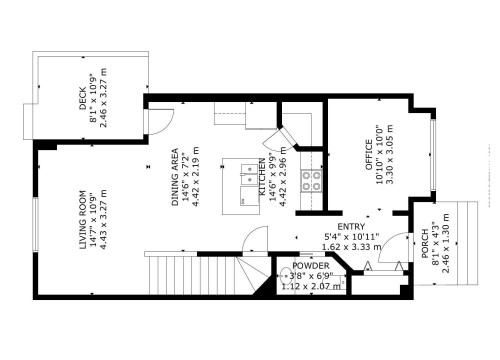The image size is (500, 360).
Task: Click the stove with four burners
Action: (x=312, y=181)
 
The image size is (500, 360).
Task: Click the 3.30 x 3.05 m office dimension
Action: (x=389, y=160)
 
